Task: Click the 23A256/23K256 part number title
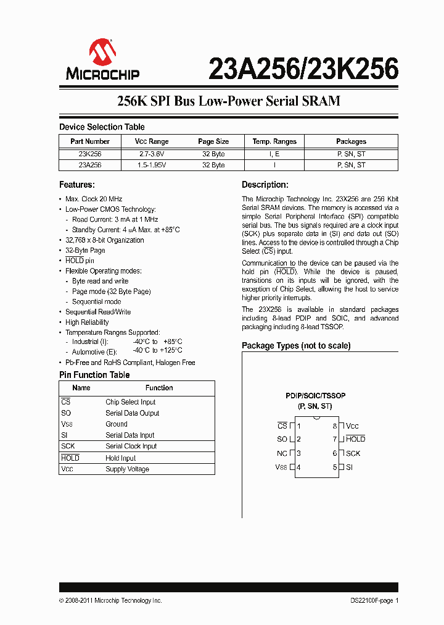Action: tap(303, 70)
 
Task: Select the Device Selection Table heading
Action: tap(102, 127)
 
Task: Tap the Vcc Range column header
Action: tap(152, 141)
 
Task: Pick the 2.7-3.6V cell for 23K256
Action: tap(152, 154)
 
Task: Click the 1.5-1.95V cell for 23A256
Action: tap(152, 165)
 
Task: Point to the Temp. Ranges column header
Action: tap(274, 141)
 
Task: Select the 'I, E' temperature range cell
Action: tap(274, 154)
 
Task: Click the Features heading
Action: tap(76, 185)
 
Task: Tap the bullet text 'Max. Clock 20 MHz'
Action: tap(94, 199)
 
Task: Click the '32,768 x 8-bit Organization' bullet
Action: tap(104, 240)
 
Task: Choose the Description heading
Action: tap(265, 185)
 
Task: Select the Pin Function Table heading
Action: tap(94, 375)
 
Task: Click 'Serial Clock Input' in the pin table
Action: tap(131, 446)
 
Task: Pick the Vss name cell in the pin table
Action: tap(67, 424)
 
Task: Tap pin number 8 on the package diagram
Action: tap(335, 426)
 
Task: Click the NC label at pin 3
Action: tap(282, 453)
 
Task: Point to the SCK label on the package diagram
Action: tap(353, 453)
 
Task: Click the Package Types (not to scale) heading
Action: tap(296, 346)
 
